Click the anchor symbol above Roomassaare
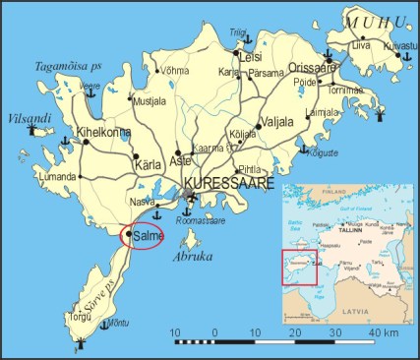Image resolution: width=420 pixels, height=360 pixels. click(x=189, y=208)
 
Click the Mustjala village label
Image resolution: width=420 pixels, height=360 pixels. click(x=150, y=100)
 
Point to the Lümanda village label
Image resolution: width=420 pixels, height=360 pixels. click(x=57, y=177)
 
